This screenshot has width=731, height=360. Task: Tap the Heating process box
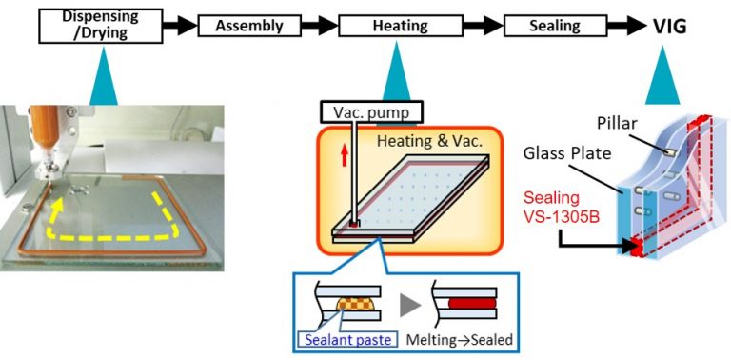[x=393, y=27]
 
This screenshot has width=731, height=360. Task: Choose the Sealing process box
[x=555, y=27]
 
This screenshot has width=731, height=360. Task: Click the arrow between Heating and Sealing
[x=476, y=27]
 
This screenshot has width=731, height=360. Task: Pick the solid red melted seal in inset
[x=473, y=307]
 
